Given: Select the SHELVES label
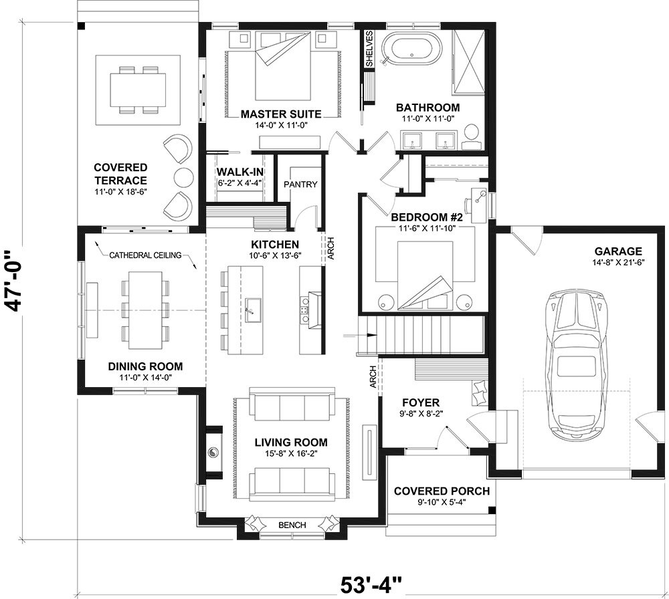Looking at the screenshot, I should click(x=369, y=48).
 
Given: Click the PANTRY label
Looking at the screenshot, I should click(x=300, y=185).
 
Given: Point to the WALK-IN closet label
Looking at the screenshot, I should click(x=239, y=172).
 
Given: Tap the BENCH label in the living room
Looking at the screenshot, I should click(x=292, y=525).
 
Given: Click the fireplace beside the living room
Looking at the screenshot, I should click(x=213, y=452).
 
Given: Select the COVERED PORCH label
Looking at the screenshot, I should click(x=442, y=491).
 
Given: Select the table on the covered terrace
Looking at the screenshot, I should click(x=138, y=90).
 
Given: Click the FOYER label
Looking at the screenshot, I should click(x=420, y=402).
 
